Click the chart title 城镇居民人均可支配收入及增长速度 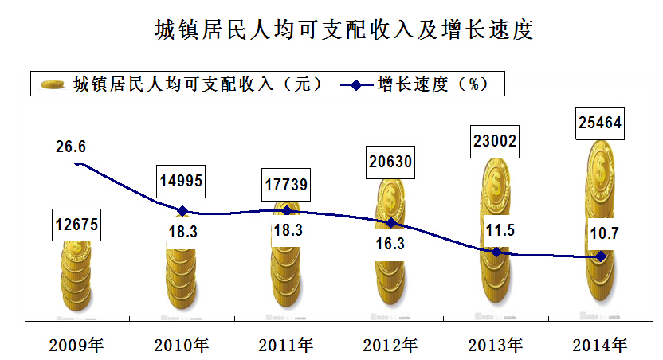pos(343,29)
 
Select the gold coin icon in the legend pos(53,84)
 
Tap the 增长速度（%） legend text pos(431,84)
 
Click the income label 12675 pos(76,225)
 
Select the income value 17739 pos(287,186)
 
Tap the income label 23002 pos(495,142)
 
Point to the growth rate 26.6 pos(71,147)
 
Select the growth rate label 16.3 pos(390,244)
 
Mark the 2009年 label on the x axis pos(76,346)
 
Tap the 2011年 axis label pos(286,346)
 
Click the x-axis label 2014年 pos(600,346)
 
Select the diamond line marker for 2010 pos(182,211)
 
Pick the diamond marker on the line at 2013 pos(496,252)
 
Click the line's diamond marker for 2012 pos(391,223)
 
